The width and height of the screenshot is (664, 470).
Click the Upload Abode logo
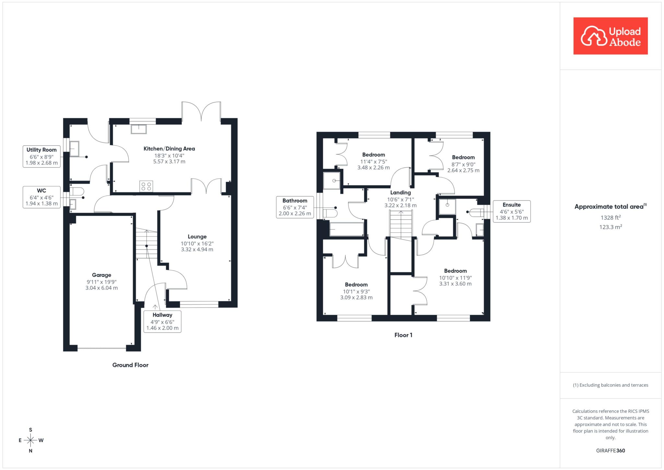pyautogui.click(x=611, y=36)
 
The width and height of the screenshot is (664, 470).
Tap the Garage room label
pyautogui.click(x=101, y=275)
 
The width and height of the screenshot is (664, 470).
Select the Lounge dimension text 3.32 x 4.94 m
pyautogui.click(x=197, y=249)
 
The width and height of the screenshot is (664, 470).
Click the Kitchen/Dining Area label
pyautogui.click(x=169, y=149)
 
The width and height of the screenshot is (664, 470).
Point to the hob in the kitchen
pyautogui.click(x=146, y=186)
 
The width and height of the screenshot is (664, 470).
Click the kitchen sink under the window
pyautogui.click(x=139, y=129)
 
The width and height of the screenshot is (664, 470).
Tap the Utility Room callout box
pyautogui.click(x=41, y=156)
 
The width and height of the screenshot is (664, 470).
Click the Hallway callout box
pyautogui.click(x=162, y=321)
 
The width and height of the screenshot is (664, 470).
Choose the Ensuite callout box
pyautogui.click(x=512, y=211)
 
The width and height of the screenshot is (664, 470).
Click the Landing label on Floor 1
pyautogui.click(x=400, y=192)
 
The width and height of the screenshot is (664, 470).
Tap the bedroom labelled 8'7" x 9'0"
pyautogui.click(x=463, y=164)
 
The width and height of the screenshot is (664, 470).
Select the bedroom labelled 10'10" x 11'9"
pyautogui.click(x=455, y=277)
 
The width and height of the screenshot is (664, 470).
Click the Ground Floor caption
pyautogui.click(x=130, y=365)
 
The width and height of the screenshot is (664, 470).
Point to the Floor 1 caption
pyautogui.click(x=403, y=335)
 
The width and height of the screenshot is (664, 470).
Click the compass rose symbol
pyautogui.click(x=31, y=440)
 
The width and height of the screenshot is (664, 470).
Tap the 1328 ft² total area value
pyautogui.click(x=611, y=217)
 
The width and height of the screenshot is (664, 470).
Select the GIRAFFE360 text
pyautogui.click(x=611, y=451)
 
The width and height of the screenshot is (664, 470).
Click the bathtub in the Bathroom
pyautogui.click(x=347, y=229)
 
